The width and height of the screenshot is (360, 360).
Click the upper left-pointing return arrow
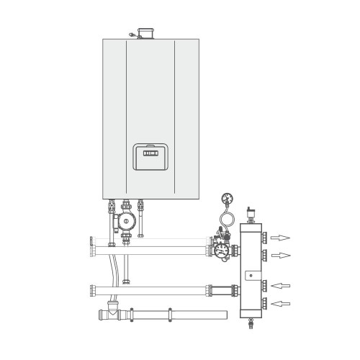coord(281,284)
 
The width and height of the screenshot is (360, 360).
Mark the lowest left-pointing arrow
coord(281,303)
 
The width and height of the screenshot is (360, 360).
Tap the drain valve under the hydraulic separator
coord(251,326)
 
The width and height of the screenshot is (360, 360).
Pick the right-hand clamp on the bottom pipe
coord(170,315)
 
